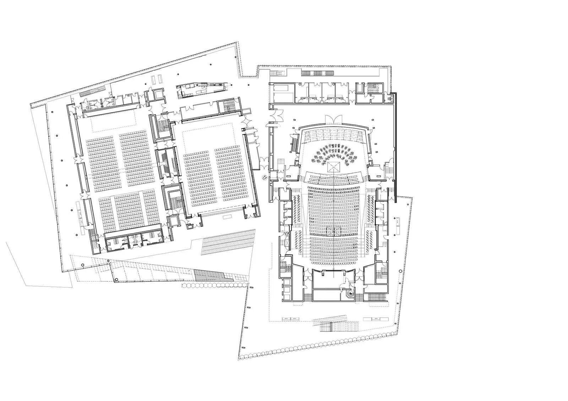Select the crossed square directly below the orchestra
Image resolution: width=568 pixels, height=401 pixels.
[334, 167]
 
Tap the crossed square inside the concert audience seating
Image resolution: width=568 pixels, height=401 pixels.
[334, 231]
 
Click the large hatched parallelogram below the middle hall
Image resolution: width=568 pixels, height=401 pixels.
[228, 241]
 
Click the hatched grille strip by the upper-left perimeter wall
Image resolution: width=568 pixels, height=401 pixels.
[92, 91]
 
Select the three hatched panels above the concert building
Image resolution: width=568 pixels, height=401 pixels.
[318, 72]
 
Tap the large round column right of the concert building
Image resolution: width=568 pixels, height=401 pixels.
[400, 271]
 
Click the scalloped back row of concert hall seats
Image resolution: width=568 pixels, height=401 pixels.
[334, 263]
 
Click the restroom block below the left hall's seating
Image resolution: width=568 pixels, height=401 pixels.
[134, 241]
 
